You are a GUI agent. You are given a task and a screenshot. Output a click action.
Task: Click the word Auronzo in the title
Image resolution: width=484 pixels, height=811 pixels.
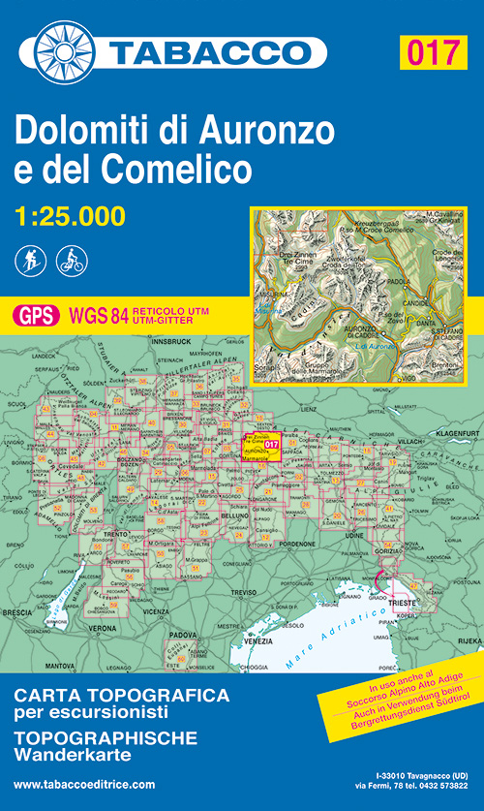pyautogui.click(x=270, y=129)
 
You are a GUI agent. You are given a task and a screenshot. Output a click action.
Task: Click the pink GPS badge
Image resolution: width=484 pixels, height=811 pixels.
pyautogui.click(x=34, y=315)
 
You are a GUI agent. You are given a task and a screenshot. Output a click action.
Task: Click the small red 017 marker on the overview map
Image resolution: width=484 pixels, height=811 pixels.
pyautogui.click(x=271, y=446)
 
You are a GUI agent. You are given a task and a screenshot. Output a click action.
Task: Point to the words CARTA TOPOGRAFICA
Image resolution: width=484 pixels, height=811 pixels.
pyautogui.click(x=122, y=695)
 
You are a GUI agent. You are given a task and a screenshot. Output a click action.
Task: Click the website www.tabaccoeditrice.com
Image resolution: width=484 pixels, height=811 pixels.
pyautogui.click(x=84, y=784)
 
